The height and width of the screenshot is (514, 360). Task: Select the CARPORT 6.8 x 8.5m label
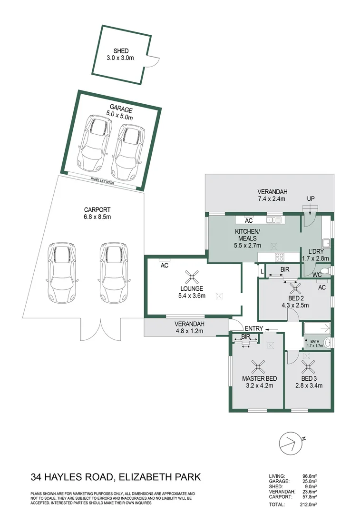[97, 213]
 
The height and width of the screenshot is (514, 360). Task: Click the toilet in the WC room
[327, 271]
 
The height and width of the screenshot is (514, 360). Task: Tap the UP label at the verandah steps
[311, 198]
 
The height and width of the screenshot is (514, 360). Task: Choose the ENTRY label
[254, 328]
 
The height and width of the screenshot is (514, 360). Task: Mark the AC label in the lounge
[165, 265]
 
